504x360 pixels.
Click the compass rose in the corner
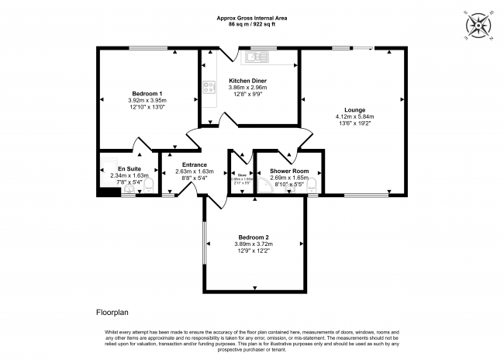point(480,27)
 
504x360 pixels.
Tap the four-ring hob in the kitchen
point(208,88)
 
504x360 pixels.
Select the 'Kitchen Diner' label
point(247,80)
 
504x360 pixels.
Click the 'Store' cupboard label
point(242,175)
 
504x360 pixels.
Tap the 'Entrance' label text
point(194,164)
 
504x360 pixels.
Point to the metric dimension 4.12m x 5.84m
point(349,117)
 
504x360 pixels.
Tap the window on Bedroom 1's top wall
point(143,49)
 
